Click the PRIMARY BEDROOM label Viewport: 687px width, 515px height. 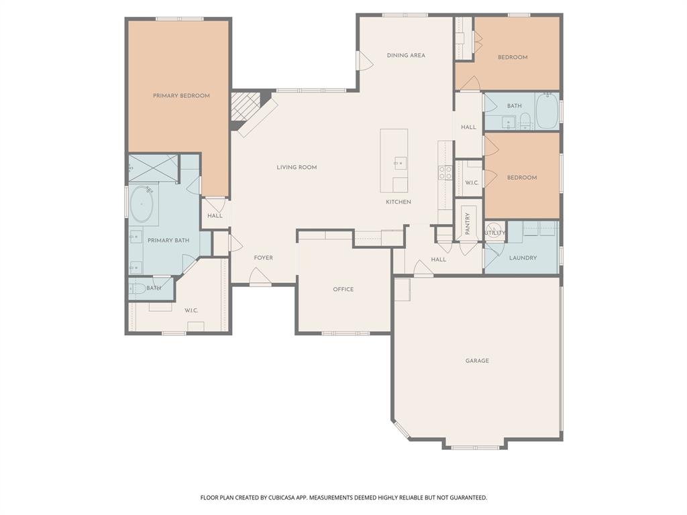point(181,96)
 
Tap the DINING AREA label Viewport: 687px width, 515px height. point(406,56)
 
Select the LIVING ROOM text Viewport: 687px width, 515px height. point(297,167)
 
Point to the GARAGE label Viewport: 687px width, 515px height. point(477,361)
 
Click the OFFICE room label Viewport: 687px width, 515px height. point(343,290)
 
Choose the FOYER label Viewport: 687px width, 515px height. point(263,257)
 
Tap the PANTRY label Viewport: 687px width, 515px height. point(468,222)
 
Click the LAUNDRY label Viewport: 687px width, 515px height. point(523,257)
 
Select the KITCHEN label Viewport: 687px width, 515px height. point(398,202)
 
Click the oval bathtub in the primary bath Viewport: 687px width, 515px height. point(142,205)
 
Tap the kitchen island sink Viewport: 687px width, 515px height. point(400,162)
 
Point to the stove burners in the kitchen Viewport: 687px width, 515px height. point(445,172)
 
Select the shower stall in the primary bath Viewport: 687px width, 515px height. point(154,168)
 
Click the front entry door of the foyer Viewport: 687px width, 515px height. point(260,277)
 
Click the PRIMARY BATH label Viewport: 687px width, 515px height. point(168,240)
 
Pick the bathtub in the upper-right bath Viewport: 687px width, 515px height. point(546,111)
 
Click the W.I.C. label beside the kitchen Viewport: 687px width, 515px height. point(472,182)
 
